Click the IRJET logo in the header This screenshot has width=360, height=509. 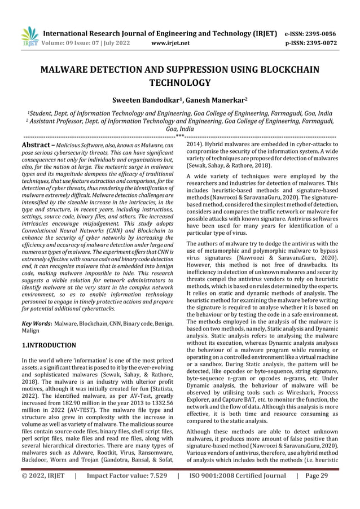tap(29, 36)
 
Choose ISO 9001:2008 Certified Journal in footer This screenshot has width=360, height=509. tap(237, 491)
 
